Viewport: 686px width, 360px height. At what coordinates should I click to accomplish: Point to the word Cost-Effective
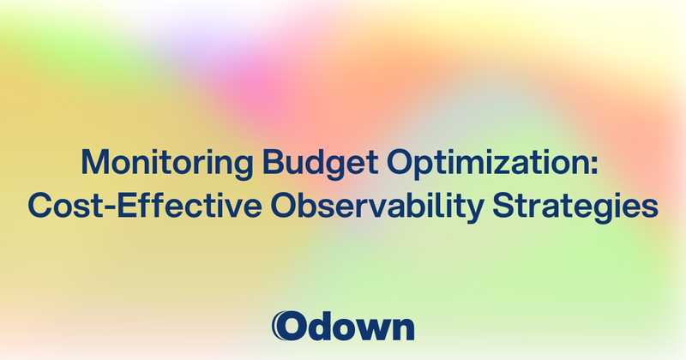tap(149, 207)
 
